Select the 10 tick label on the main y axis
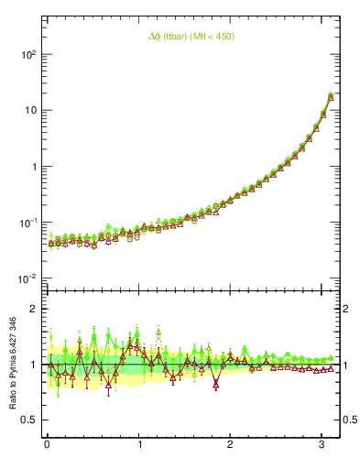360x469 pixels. [29, 111]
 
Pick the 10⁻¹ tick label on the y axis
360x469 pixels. [28, 223]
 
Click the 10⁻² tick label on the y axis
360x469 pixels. [28, 278]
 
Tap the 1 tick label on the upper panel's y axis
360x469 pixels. [33, 167]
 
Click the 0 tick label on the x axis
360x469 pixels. [47, 445]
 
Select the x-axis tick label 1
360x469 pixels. [139, 445]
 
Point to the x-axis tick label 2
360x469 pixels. [231, 445]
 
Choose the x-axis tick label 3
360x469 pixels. [322, 445]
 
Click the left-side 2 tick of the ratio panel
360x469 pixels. [33, 309]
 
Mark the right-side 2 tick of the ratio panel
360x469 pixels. [346, 309]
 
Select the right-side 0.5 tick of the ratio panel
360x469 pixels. [349, 420]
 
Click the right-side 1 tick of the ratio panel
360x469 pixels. [346, 365]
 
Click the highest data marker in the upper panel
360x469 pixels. [330, 93]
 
